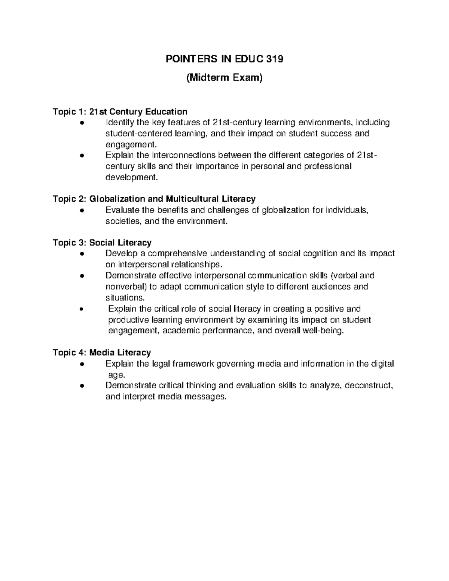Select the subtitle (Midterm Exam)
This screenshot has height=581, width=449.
point(224,78)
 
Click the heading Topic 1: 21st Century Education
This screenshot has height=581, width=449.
point(120,111)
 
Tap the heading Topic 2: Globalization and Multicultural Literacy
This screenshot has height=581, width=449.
point(154,199)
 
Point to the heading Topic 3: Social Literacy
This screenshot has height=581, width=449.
point(102,243)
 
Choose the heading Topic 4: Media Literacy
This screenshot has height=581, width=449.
point(102,352)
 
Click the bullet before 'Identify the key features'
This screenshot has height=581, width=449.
point(81,123)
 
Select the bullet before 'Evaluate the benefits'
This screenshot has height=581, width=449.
point(81,211)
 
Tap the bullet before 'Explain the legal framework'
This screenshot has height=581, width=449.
point(81,364)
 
